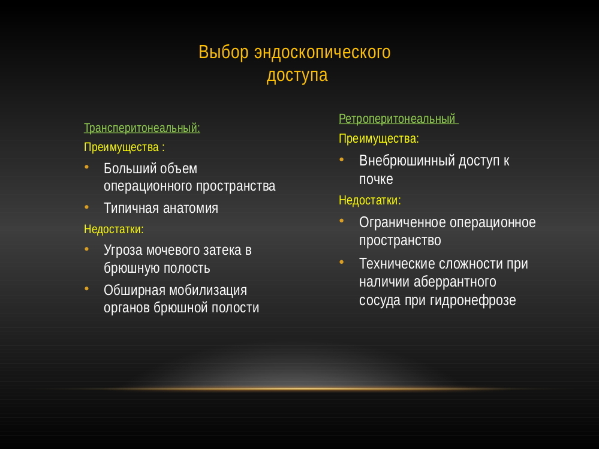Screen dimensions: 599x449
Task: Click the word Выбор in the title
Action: [224, 52]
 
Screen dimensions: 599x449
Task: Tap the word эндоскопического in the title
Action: [323, 53]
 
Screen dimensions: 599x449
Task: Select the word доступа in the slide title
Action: [297, 75]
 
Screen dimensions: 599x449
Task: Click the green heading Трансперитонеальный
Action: [142, 128]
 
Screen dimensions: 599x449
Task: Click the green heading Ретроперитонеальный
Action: [398, 119]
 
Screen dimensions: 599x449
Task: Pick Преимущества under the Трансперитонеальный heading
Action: [121, 147]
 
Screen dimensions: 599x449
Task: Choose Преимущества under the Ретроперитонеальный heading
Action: [378, 138]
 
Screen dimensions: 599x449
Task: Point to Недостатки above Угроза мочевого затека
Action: [113, 229]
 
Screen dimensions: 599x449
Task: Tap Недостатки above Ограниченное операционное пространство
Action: [370, 200]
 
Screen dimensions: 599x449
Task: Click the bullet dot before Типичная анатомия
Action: [87, 207]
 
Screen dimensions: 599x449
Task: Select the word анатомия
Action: [191, 209]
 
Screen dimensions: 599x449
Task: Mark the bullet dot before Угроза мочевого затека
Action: [87, 249]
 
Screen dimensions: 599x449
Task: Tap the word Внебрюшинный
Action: [407, 161]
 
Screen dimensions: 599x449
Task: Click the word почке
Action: [376, 179]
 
